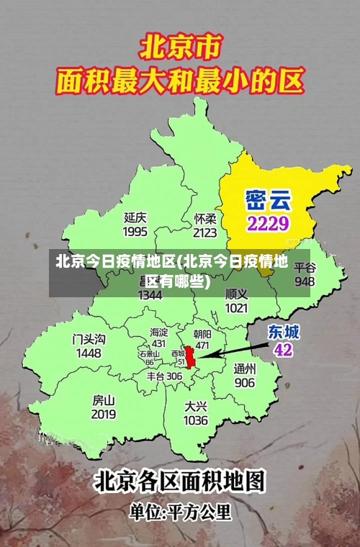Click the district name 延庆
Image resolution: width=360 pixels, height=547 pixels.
pyautogui.click(x=135, y=217)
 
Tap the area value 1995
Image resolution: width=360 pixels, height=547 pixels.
pyautogui.click(x=135, y=231)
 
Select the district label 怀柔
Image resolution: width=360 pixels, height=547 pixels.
pyautogui.click(x=205, y=217)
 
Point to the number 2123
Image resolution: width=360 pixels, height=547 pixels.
pyautogui.click(x=205, y=232)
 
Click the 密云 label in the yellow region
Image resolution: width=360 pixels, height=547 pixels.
pyautogui.click(x=268, y=199)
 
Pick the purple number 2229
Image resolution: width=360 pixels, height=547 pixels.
pyautogui.click(x=268, y=223)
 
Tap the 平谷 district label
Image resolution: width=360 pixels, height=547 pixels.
pyautogui.click(x=305, y=267)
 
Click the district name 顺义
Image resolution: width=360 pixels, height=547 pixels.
pyautogui.click(x=236, y=294)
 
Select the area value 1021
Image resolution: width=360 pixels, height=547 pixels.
pyautogui.click(x=236, y=308)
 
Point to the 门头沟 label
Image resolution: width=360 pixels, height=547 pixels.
pyautogui.click(x=89, y=339)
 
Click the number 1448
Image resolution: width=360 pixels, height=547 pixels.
pyautogui.click(x=89, y=353)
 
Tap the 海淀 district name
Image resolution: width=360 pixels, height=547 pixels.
pyautogui.click(x=159, y=333)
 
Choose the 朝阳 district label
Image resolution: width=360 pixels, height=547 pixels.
pyautogui.click(x=203, y=334)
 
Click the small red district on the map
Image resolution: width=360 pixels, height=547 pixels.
pyautogui.click(x=191, y=358)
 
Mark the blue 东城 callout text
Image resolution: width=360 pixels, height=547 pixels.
pyautogui.click(x=284, y=332)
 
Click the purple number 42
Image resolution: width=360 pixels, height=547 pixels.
pyautogui.click(x=284, y=350)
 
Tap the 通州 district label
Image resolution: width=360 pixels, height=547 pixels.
pyautogui.click(x=244, y=369)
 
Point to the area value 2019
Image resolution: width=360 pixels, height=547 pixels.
pyautogui.click(x=104, y=415)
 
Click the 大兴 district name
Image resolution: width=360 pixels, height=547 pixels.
pyautogui.click(x=196, y=406)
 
